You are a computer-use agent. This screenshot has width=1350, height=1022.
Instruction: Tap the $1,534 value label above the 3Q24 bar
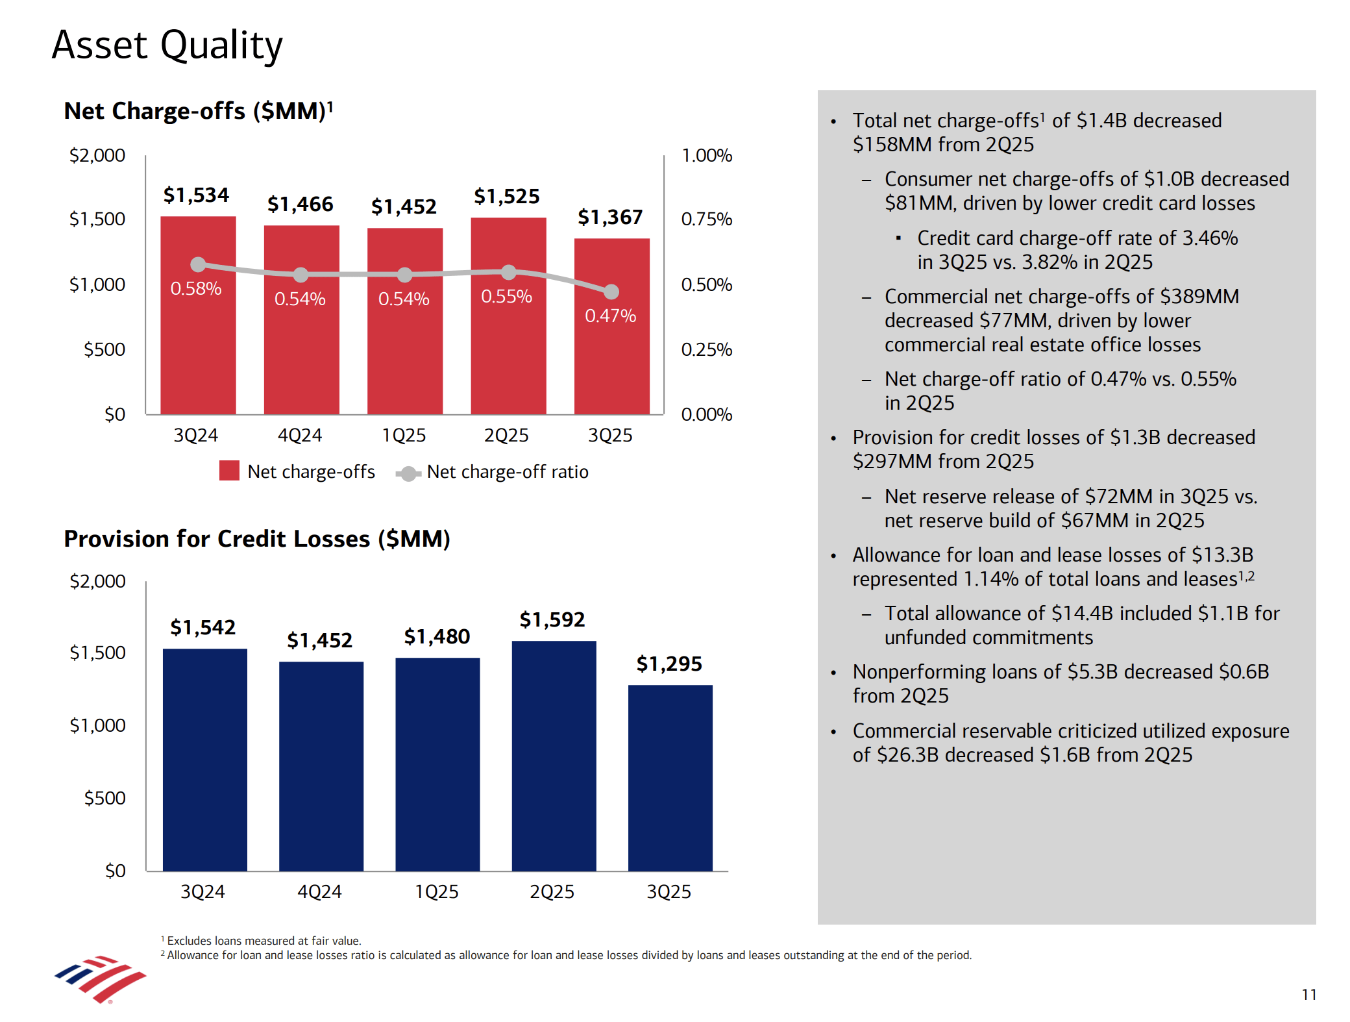(x=196, y=195)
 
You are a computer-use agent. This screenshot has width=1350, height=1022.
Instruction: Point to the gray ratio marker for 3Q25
(x=611, y=292)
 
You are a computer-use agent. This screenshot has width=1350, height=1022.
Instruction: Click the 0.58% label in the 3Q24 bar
(x=195, y=288)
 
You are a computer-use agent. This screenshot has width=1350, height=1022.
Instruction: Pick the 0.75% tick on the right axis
(x=706, y=219)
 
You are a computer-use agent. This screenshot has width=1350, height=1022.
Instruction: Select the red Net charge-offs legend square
(x=229, y=471)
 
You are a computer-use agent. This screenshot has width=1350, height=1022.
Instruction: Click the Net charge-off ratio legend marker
(x=408, y=473)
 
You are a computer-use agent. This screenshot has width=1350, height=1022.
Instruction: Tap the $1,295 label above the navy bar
(x=669, y=664)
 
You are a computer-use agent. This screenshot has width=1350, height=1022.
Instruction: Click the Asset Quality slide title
(x=167, y=45)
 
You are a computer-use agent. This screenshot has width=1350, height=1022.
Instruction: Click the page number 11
(x=1308, y=995)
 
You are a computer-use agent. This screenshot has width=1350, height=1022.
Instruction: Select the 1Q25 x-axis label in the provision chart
(x=436, y=891)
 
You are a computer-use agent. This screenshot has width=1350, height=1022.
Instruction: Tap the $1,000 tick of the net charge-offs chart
(x=97, y=284)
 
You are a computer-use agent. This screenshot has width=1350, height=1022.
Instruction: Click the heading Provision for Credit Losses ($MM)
(x=257, y=539)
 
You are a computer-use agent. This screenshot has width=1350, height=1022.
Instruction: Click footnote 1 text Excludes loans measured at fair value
(x=264, y=941)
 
